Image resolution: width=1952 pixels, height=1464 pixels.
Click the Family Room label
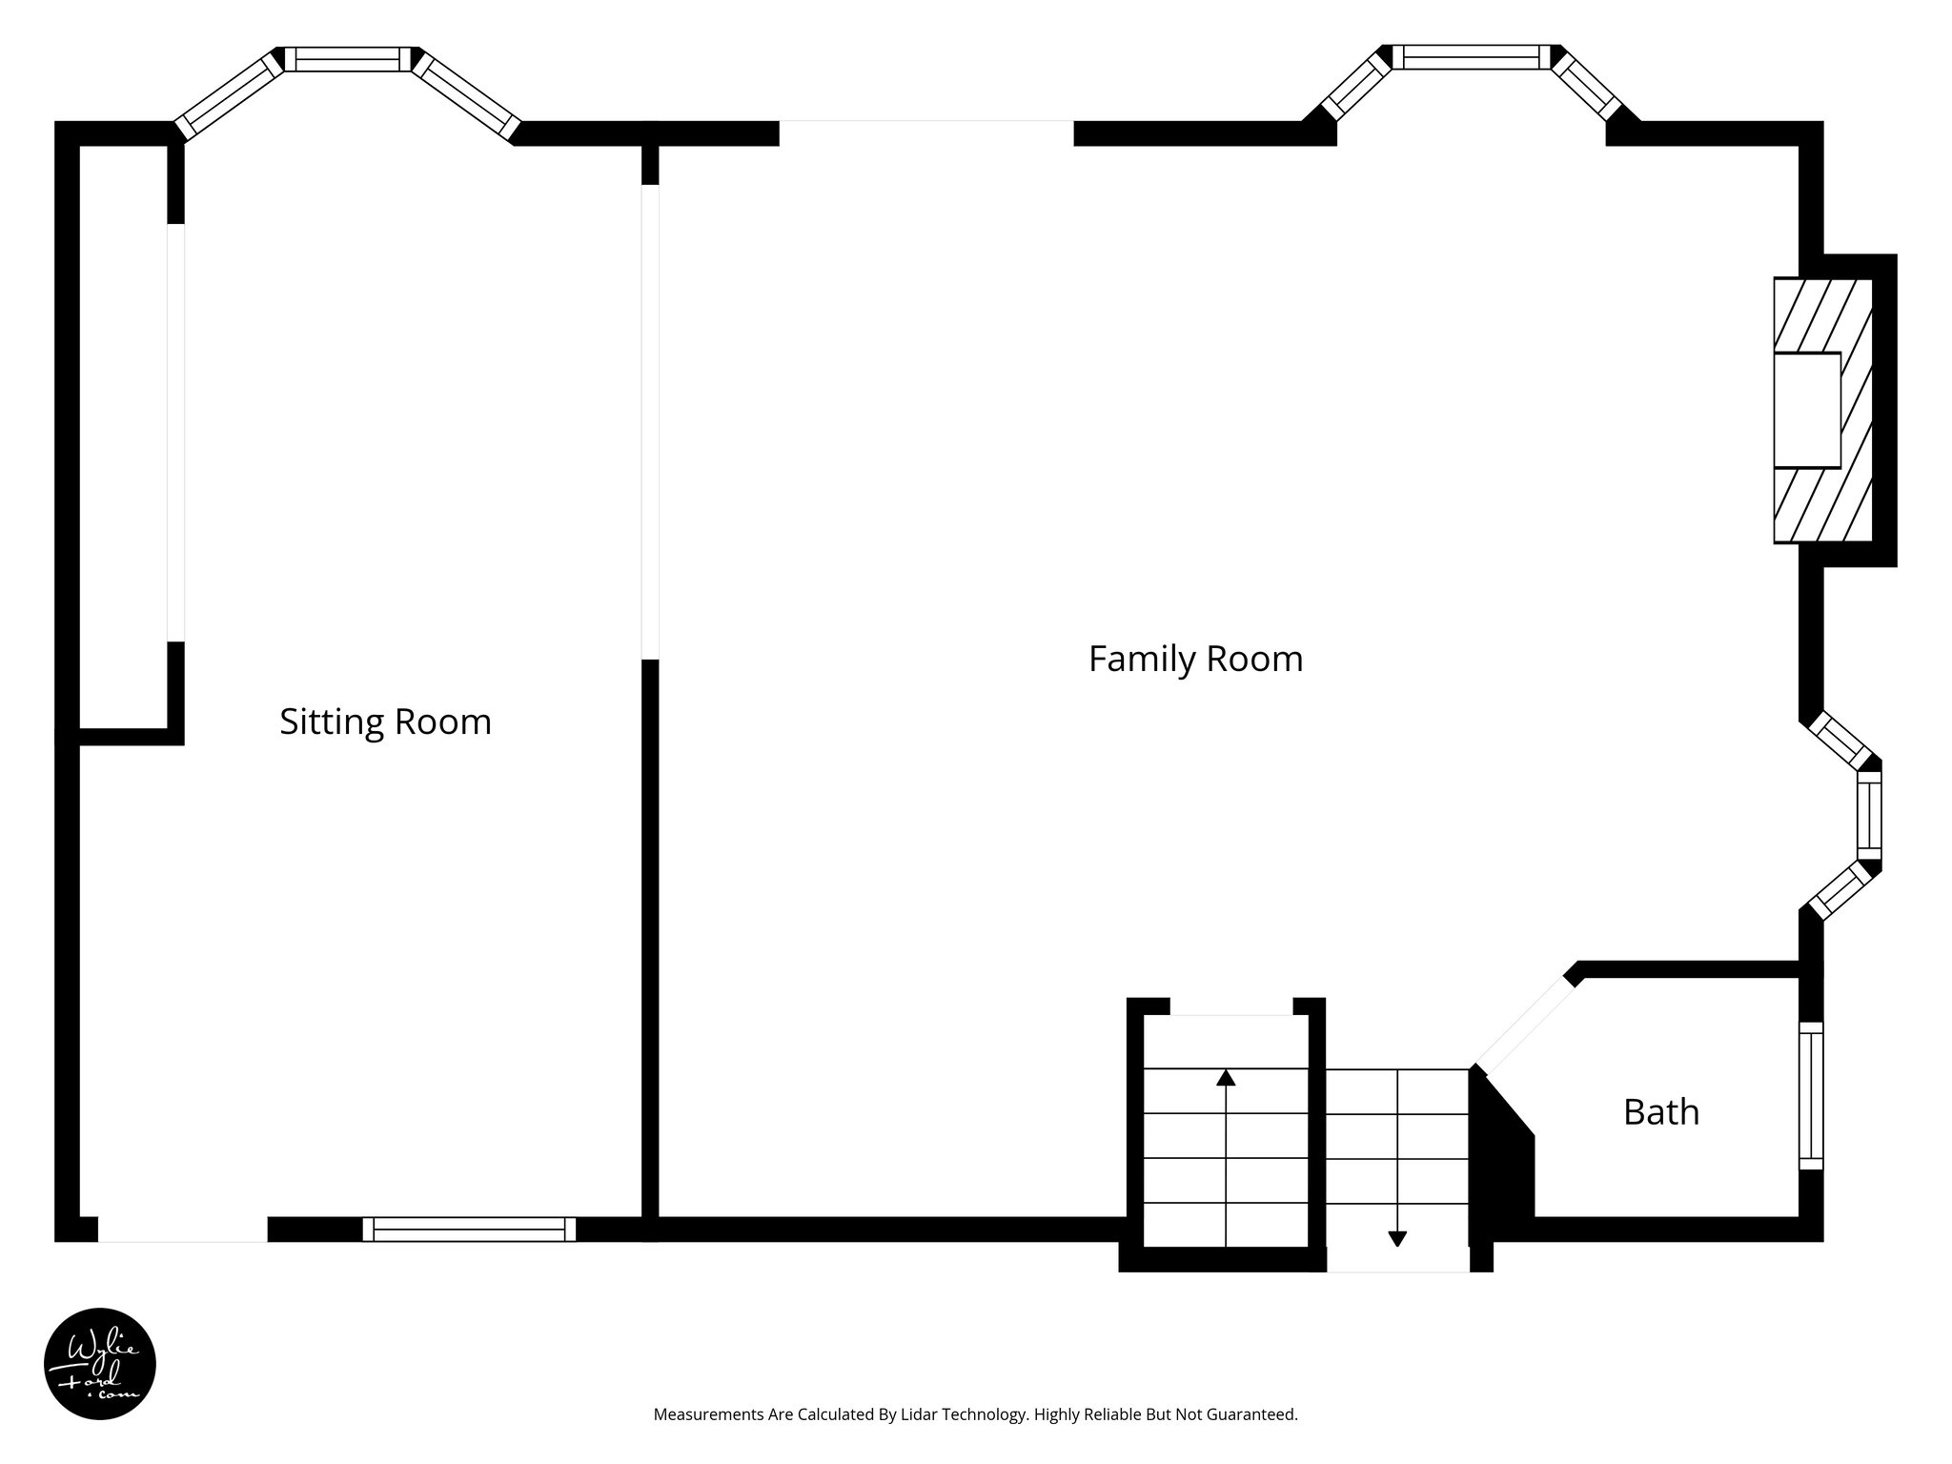click(1195, 660)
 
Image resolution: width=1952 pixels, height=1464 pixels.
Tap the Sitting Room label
click(385, 722)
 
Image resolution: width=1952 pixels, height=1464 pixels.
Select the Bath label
click(1661, 1112)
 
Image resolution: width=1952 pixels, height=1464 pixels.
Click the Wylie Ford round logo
click(100, 1364)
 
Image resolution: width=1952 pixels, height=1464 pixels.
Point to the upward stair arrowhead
click(1226, 1078)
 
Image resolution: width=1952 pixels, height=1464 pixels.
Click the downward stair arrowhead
click(1397, 1239)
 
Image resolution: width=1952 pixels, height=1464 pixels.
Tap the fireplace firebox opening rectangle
click(1806, 410)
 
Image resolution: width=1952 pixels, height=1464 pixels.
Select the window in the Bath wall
click(1810, 1096)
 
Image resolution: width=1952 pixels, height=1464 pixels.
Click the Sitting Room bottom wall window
click(469, 1230)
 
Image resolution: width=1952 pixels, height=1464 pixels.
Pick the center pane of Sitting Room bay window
click(348, 59)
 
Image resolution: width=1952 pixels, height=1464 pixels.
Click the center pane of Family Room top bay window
click(1472, 57)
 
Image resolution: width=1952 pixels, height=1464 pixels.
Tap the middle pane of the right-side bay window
click(1869, 816)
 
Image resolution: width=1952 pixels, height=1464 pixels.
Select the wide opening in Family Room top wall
click(926, 133)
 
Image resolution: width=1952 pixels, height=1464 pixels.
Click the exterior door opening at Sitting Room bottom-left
click(182, 1230)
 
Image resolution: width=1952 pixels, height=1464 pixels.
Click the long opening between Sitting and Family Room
click(650, 421)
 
